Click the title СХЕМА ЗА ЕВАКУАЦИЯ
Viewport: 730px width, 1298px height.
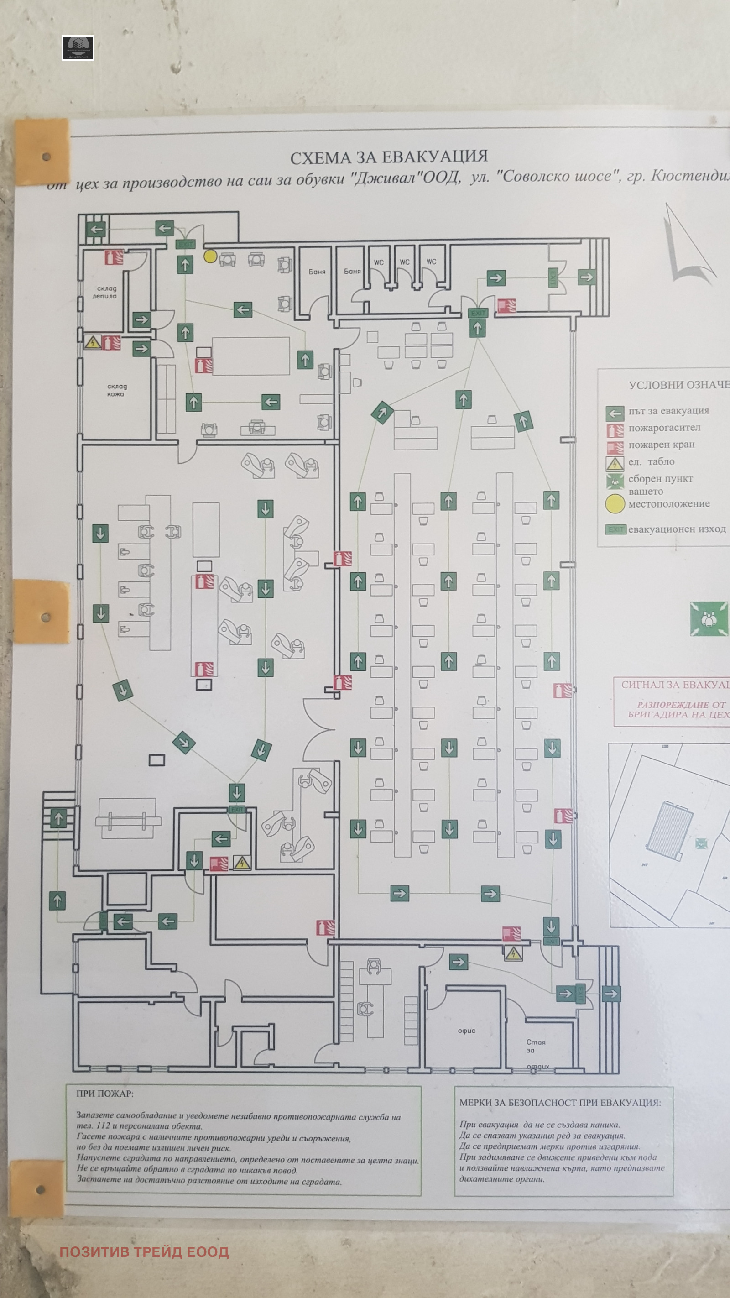(x=389, y=157)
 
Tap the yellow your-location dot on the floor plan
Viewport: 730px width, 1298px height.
(x=210, y=256)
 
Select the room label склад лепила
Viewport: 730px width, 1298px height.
(x=105, y=292)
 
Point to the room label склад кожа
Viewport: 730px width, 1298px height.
(x=116, y=390)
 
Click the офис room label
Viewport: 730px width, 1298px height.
(x=466, y=1031)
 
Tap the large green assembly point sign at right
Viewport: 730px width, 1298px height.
(x=709, y=618)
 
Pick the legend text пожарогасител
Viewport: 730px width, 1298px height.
(x=664, y=428)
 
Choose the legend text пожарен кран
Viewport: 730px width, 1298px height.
(x=661, y=445)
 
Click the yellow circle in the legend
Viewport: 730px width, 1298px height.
(x=615, y=503)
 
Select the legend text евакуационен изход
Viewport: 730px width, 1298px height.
(x=677, y=529)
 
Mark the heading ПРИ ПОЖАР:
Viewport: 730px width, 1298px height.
(x=105, y=1094)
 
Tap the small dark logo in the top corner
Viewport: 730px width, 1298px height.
(x=78, y=48)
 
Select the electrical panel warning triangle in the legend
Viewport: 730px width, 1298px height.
(x=615, y=463)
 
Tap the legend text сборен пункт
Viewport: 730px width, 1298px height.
(x=661, y=479)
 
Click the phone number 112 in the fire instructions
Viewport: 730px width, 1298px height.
(x=103, y=1125)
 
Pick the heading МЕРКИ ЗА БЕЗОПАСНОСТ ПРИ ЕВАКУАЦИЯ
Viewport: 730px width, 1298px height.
(x=559, y=1103)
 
